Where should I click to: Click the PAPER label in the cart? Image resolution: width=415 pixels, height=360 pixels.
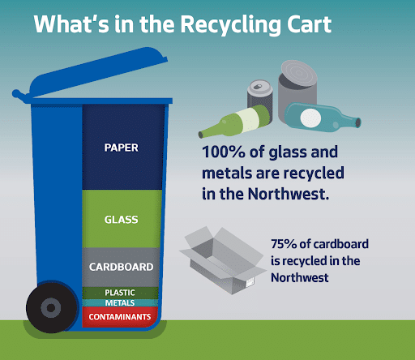click(x=121, y=148)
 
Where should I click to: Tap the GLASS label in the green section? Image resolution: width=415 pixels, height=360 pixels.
click(x=121, y=220)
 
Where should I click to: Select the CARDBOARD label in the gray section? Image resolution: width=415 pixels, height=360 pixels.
click(x=121, y=267)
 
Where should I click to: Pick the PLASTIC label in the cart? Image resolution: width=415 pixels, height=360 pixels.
click(x=120, y=293)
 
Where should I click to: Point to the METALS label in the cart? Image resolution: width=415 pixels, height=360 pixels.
click(x=120, y=303)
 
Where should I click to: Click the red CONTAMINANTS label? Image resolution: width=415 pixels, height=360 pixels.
click(x=120, y=317)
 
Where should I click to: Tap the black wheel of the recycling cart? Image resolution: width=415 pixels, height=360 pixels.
click(x=51, y=307)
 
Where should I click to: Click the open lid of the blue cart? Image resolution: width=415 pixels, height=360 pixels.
click(x=92, y=73)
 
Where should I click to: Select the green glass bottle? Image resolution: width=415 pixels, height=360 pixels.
click(x=234, y=122)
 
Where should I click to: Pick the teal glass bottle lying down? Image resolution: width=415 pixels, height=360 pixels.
click(x=322, y=118)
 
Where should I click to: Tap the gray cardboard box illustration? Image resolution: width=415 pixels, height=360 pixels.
click(x=223, y=261)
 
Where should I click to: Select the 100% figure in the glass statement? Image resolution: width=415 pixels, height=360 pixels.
click(x=224, y=152)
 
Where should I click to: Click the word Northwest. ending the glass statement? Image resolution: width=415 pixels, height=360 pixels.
click(x=289, y=194)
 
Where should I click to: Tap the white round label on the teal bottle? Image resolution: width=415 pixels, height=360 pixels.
click(x=310, y=118)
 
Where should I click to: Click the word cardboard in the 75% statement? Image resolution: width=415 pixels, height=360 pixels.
click(x=341, y=244)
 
